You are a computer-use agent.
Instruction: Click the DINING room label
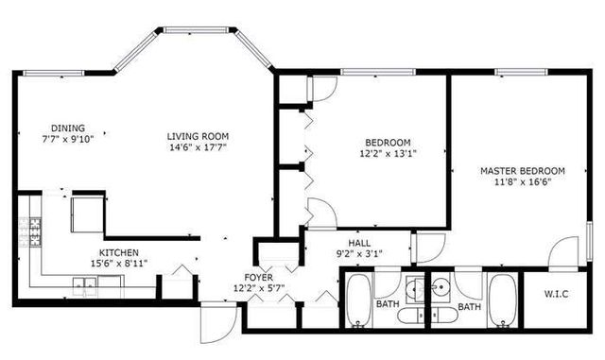(68, 129)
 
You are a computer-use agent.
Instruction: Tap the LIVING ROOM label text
(199, 136)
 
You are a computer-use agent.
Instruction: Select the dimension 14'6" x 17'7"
(199, 147)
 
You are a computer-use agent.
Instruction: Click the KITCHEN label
(120, 253)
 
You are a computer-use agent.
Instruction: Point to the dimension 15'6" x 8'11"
(120, 265)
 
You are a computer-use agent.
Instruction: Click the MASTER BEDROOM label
(522, 171)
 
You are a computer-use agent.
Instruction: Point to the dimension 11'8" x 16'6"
(522, 182)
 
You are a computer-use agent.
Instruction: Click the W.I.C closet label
(556, 293)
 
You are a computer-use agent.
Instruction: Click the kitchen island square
(86, 214)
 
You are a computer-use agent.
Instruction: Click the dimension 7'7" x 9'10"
(68, 140)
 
